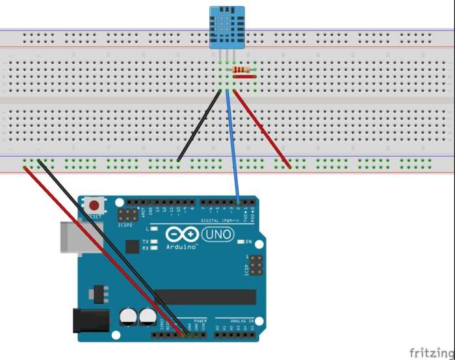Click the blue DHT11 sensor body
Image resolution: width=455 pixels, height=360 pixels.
226,27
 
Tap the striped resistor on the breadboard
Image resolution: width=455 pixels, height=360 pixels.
241,70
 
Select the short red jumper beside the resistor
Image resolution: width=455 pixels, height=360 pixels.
243,77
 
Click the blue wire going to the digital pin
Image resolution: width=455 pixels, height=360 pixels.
233,149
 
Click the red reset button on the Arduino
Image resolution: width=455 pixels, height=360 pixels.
95,205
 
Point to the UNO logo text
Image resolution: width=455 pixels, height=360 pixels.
218,235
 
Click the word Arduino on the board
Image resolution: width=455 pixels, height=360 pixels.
183,247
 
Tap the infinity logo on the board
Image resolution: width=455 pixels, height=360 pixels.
182,235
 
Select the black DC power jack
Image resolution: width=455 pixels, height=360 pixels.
90,320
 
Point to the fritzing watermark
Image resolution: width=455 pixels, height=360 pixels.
431,352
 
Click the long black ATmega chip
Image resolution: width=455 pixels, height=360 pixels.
205,297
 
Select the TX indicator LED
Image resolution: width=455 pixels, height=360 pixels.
155,240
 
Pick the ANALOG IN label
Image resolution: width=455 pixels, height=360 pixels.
243,320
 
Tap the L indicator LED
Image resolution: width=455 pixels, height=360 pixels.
155,229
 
